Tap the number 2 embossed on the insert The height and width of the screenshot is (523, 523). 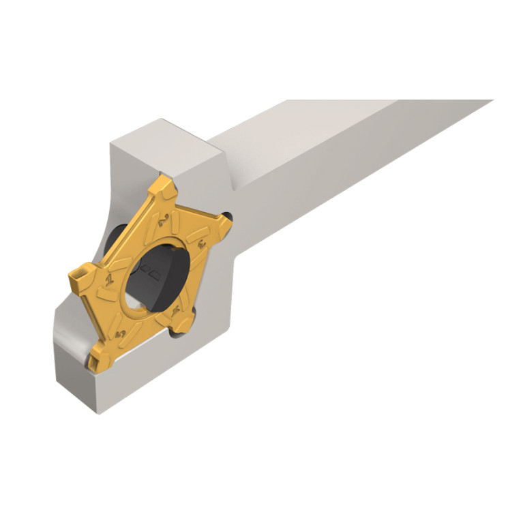pos(162,220)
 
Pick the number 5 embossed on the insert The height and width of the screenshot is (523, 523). pos(122,333)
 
